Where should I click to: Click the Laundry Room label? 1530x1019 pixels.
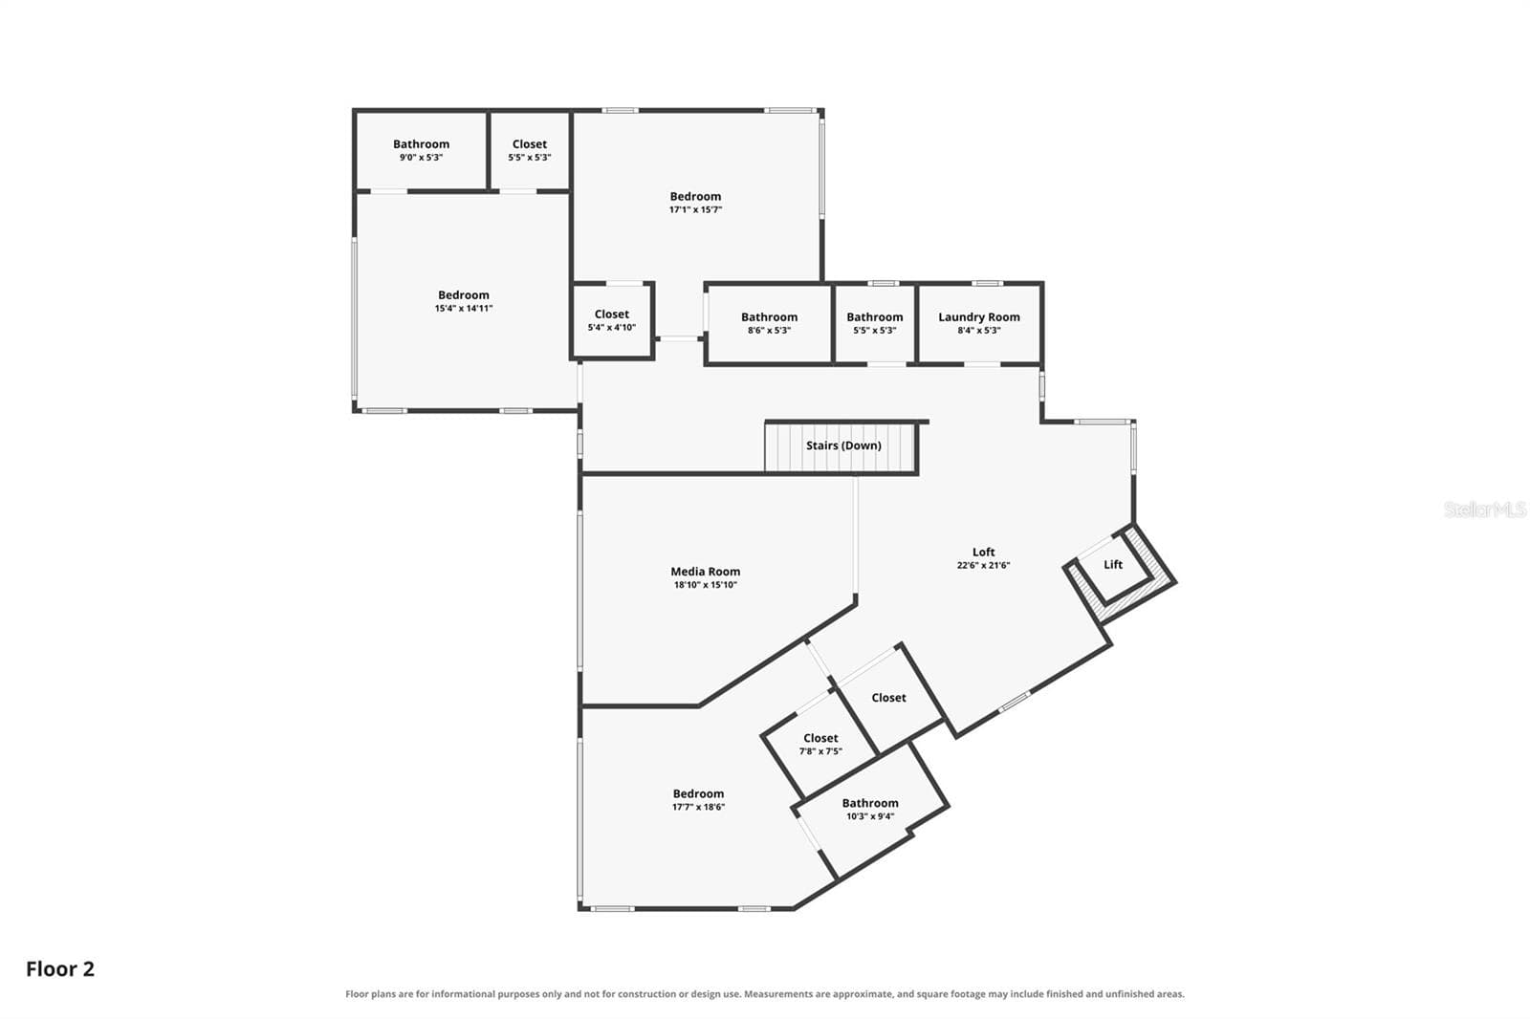(x=979, y=317)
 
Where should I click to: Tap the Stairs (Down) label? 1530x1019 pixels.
(x=843, y=445)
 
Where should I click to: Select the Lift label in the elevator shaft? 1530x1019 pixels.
(x=1113, y=564)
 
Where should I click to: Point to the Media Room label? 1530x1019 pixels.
(x=705, y=572)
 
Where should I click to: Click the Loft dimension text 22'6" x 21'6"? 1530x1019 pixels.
(x=983, y=565)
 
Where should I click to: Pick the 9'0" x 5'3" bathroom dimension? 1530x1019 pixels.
(x=421, y=157)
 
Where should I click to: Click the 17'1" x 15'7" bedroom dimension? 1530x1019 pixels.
(x=695, y=209)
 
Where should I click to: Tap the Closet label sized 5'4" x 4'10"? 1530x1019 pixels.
(x=611, y=314)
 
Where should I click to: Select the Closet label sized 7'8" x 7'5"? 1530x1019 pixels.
(x=820, y=738)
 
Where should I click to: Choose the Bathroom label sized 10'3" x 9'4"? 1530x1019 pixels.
(x=869, y=803)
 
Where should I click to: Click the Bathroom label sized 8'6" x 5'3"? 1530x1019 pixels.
(x=769, y=317)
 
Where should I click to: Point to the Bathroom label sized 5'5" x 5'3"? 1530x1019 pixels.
(x=874, y=317)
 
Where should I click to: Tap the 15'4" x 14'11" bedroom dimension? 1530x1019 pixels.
(x=463, y=308)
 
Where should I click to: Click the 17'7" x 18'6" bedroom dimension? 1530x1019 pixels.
(x=698, y=807)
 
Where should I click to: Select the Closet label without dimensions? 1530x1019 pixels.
(x=888, y=697)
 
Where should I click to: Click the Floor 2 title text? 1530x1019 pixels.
(x=60, y=968)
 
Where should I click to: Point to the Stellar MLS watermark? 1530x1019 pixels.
(x=1484, y=509)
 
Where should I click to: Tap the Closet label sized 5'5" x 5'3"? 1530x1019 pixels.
(x=530, y=144)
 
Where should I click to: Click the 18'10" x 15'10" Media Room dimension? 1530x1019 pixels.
(x=705, y=585)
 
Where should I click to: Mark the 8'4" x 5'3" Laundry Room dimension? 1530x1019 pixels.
(x=979, y=330)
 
